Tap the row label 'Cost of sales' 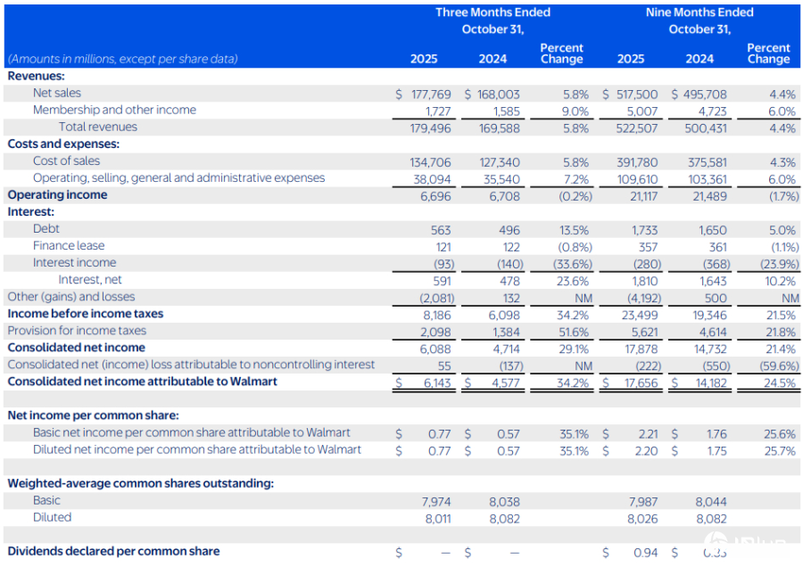click(66, 161)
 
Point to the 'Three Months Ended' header click(493, 12)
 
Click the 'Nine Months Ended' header click(700, 12)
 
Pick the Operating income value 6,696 click(437, 195)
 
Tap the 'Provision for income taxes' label click(77, 331)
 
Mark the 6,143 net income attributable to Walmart click(437, 382)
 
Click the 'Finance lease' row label click(69, 246)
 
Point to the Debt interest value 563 click(442, 229)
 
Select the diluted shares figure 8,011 click(437, 518)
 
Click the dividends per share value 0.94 click(645, 553)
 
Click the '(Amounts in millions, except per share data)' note click(123, 59)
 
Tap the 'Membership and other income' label click(114, 111)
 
